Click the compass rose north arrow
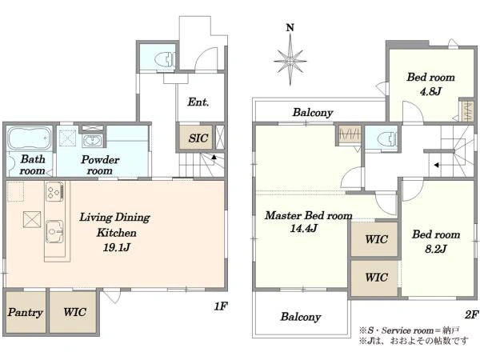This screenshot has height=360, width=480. coord(290,54)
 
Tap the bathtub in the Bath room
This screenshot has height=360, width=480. coord(30,138)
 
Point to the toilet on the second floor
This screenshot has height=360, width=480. coord(387,138)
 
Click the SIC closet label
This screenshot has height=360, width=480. coord(198,138)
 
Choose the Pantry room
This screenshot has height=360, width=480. coord(26,312)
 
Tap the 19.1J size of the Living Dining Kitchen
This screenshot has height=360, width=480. coord(116,247)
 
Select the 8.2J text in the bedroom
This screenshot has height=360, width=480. coord(436,249)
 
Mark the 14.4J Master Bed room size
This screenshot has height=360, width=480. coord(303,228)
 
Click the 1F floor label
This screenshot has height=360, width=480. coord(221,306)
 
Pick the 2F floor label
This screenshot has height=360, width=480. coord(471,314)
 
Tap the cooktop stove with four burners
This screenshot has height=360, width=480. coord(54,191)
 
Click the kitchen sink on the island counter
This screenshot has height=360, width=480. coord(54,232)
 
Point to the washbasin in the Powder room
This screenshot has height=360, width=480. coord(92,141)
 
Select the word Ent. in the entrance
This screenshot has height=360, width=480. coord(198,102)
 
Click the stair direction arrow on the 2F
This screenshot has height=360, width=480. coord(437,166)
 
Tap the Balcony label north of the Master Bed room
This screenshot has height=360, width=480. coord(313,112)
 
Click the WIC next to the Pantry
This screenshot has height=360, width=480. coord(74,312)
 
